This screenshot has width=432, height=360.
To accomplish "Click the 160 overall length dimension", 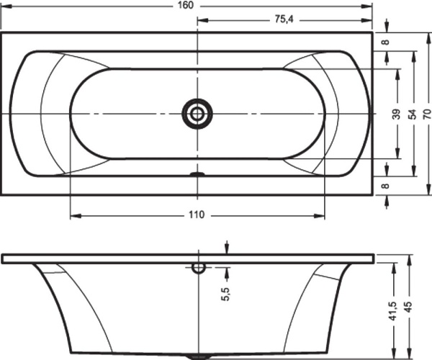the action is click(186, 5).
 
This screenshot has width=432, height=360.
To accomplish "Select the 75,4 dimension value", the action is click(284, 19).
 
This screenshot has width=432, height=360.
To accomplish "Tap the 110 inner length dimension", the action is click(197, 215).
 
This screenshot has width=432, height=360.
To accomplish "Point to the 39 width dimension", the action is click(396, 114).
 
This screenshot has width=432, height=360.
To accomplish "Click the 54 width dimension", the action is click(412, 114).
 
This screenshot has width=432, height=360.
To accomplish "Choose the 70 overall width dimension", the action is click(427, 114).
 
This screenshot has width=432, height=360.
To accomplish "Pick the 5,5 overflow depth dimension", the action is click(225, 294).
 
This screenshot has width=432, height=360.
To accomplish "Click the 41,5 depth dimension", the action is click(392, 311).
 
